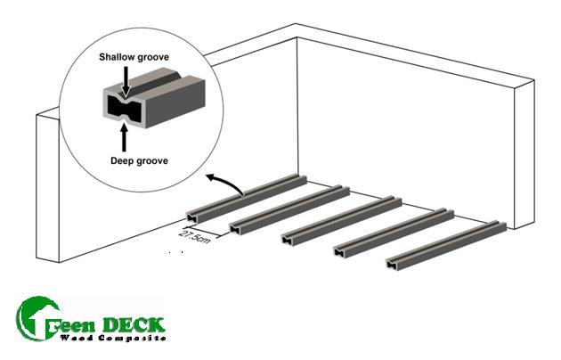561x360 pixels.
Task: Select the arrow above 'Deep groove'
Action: coord(124,136)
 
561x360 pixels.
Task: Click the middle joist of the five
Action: coord(338,218)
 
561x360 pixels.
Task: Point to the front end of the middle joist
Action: coord(289,237)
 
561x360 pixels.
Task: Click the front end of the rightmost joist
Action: coord(393,263)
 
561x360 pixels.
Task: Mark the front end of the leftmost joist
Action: coord(193,214)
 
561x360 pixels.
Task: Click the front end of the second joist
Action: coord(236,227)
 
